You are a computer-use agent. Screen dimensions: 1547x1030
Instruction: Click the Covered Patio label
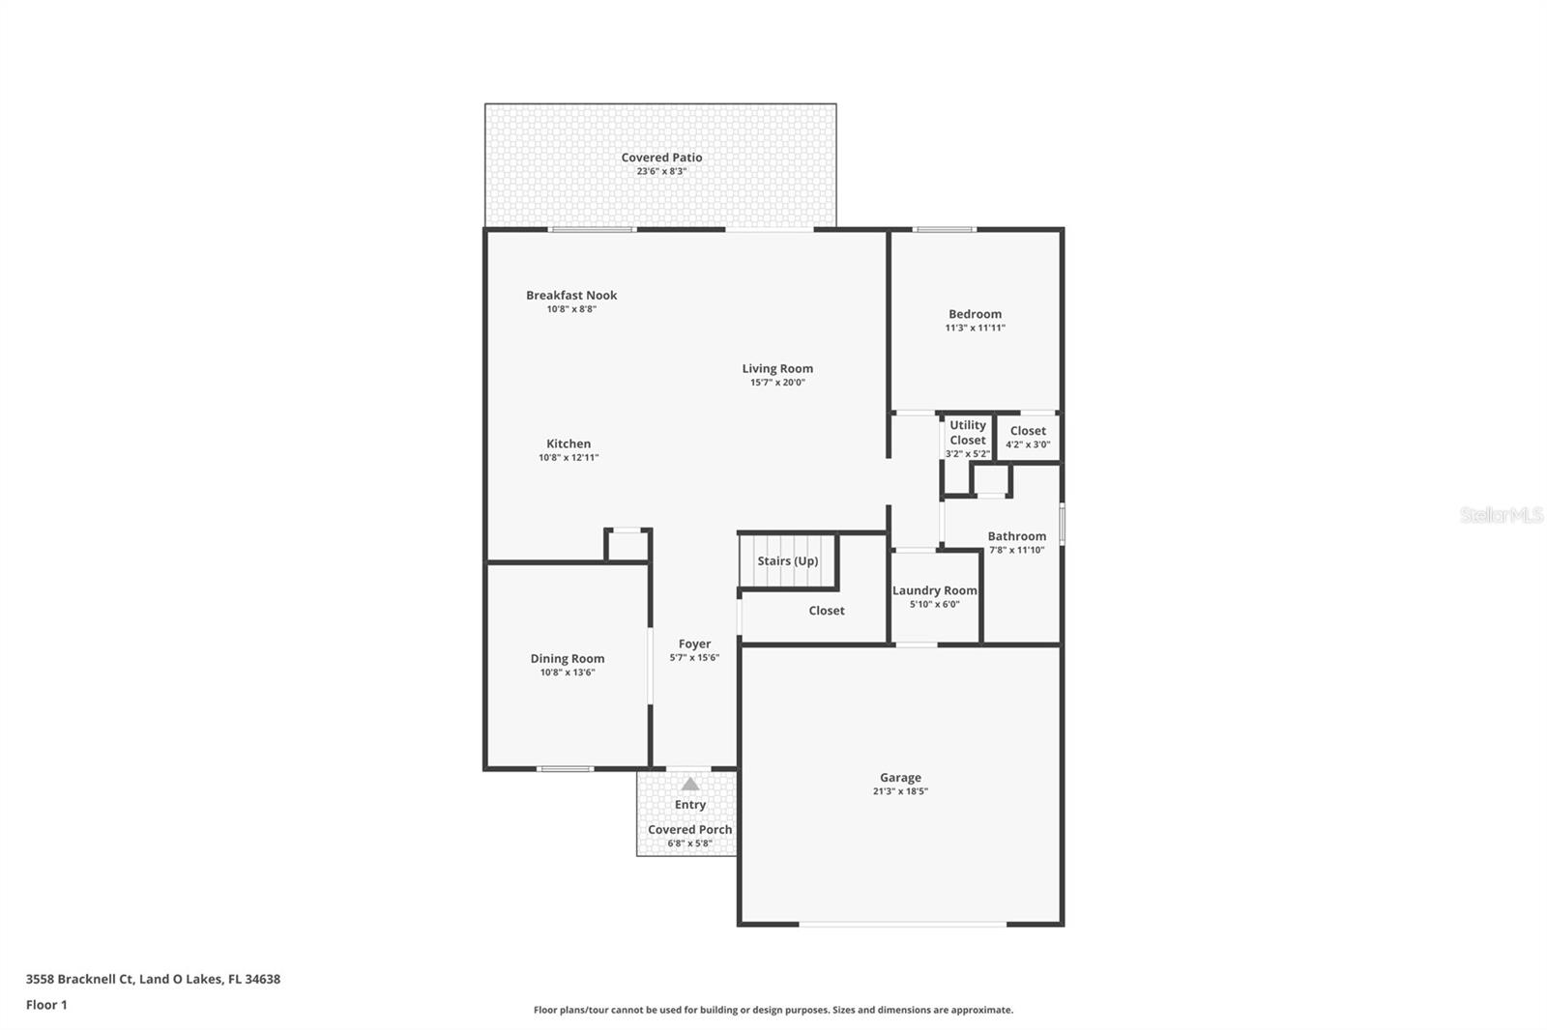point(661,157)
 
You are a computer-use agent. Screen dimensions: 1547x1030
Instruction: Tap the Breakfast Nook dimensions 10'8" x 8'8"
point(571,309)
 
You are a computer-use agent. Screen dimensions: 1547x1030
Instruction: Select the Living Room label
point(777,369)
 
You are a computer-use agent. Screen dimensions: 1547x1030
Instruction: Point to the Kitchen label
point(569,443)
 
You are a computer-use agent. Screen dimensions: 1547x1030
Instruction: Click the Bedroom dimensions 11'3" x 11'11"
point(975,328)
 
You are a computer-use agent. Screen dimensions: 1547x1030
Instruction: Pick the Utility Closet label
point(968,433)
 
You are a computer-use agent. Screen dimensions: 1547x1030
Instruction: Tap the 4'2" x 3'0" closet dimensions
point(1028,444)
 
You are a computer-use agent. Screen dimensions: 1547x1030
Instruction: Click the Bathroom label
point(1016,536)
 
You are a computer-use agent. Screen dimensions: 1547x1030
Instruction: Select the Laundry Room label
point(934,591)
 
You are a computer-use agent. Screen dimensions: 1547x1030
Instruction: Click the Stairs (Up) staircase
point(787,561)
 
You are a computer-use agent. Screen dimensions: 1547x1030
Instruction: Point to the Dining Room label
point(567,659)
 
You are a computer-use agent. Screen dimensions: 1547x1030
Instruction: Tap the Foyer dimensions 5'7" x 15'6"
point(694,658)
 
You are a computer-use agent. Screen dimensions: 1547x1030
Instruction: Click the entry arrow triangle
point(690,785)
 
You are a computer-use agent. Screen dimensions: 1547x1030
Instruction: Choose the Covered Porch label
point(689,830)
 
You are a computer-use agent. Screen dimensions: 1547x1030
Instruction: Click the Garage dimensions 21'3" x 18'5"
point(900,792)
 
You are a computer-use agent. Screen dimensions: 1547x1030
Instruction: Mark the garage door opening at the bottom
point(902,924)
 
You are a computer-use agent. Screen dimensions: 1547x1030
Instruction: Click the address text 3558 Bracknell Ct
point(79,979)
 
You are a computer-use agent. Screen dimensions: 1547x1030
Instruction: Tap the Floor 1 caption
point(47,1005)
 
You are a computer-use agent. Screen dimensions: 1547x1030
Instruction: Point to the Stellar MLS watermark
point(1501,515)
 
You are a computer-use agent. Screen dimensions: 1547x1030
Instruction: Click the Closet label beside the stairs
point(826,611)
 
